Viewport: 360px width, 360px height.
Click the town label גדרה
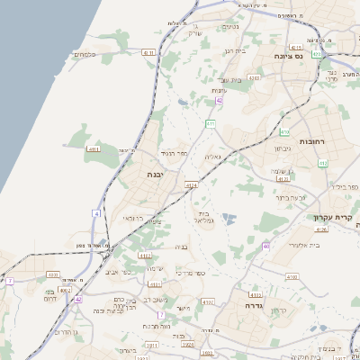[x=246, y=305]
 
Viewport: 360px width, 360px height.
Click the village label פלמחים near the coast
[x=85, y=55]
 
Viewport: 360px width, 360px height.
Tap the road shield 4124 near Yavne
[x=191, y=184]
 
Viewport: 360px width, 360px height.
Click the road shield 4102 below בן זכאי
[x=145, y=256]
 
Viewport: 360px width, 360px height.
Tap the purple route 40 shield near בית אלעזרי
[x=266, y=246]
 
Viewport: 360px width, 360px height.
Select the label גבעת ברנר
[x=292, y=195]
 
